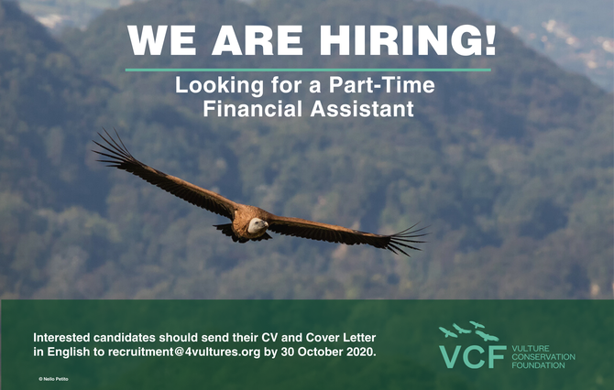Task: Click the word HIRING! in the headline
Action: pos(408,40)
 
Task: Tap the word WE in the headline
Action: pos(161,40)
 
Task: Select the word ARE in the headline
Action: pos(258,40)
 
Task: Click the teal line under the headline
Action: pos(308,70)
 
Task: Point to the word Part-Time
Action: pos(382,85)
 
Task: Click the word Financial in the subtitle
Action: pos(252,109)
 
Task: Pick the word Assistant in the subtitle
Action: pos(362,109)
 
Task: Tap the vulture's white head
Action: pos(258,225)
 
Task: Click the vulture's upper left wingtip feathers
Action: pos(112,148)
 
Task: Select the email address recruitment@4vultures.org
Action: pos(184,352)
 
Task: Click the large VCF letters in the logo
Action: pos(473,356)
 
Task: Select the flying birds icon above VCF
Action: pos(468,330)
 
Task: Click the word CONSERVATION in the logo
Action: pos(543,357)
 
